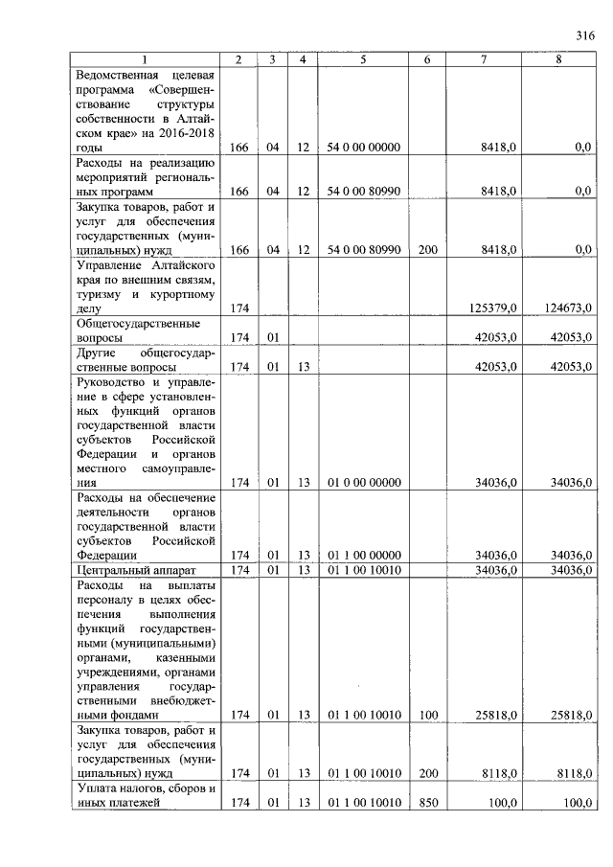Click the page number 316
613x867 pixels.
585,36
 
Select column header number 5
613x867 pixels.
364,59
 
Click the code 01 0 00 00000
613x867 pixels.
364,483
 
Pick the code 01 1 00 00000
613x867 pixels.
364,555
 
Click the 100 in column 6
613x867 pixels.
427,715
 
